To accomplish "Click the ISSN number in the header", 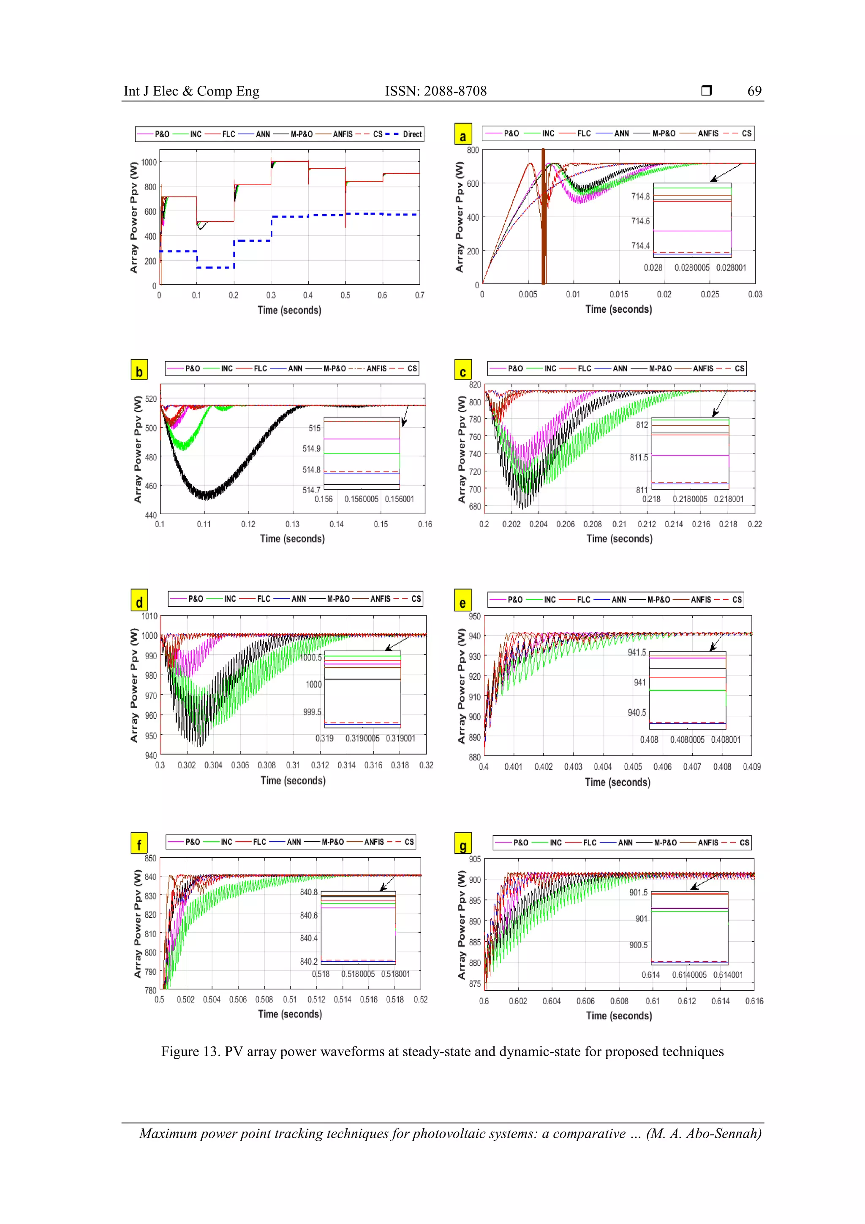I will tap(435, 91).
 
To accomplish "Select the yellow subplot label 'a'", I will tap(462, 135).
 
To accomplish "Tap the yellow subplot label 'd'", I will tap(139, 601).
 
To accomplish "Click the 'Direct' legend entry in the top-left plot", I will tap(411, 134).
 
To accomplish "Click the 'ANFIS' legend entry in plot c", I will tap(702, 368).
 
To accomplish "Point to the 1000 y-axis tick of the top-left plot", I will tap(149, 162).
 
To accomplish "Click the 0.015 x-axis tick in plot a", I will tap(618, 294).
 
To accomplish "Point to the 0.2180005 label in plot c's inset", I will tap(689, 499).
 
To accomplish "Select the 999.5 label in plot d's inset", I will tap(312, 712).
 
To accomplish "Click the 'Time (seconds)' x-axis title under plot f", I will tap(290, 1014).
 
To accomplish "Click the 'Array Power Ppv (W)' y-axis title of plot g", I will tap(462, 925).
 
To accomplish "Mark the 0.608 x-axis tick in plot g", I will tap(619, 1001).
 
